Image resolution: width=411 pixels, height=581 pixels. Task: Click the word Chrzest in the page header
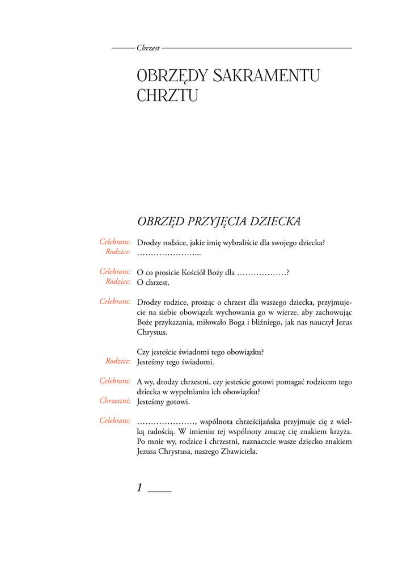148,48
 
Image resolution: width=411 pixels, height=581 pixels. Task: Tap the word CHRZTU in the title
167,95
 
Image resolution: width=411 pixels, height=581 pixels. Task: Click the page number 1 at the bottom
140,487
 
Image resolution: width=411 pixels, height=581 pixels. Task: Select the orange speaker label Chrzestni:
115,401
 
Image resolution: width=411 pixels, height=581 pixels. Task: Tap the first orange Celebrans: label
115,242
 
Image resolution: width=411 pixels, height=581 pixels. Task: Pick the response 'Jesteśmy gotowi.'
163,402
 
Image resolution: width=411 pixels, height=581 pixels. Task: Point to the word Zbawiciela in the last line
239,453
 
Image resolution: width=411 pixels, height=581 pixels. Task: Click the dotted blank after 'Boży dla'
261,272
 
